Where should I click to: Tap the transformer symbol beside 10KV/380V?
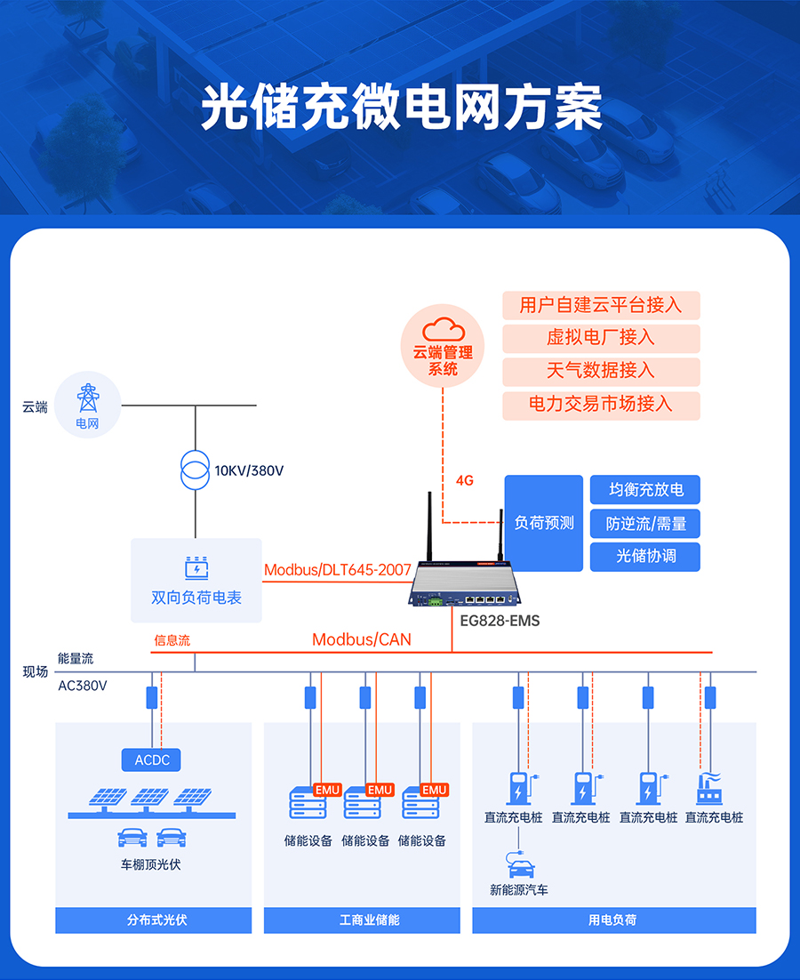[x=195, y=470]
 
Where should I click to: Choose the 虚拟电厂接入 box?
[x=601, y=338]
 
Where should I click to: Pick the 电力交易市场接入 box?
[x=601, y=405]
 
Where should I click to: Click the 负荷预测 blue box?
[x=544, y=523]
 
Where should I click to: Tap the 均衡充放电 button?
[x=645, y=490]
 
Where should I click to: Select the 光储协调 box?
[x=645, y=557]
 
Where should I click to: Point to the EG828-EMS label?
[x=500, y=621]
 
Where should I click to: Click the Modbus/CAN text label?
[x=362, y=639]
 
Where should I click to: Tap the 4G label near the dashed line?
[x=464, y=480]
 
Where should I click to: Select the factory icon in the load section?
[x=709, y=788]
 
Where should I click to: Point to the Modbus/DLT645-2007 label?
[x=338, y=570]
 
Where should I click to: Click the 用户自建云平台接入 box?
[x=601, y=305]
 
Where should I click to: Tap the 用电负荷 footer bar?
[x=613, y=920]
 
